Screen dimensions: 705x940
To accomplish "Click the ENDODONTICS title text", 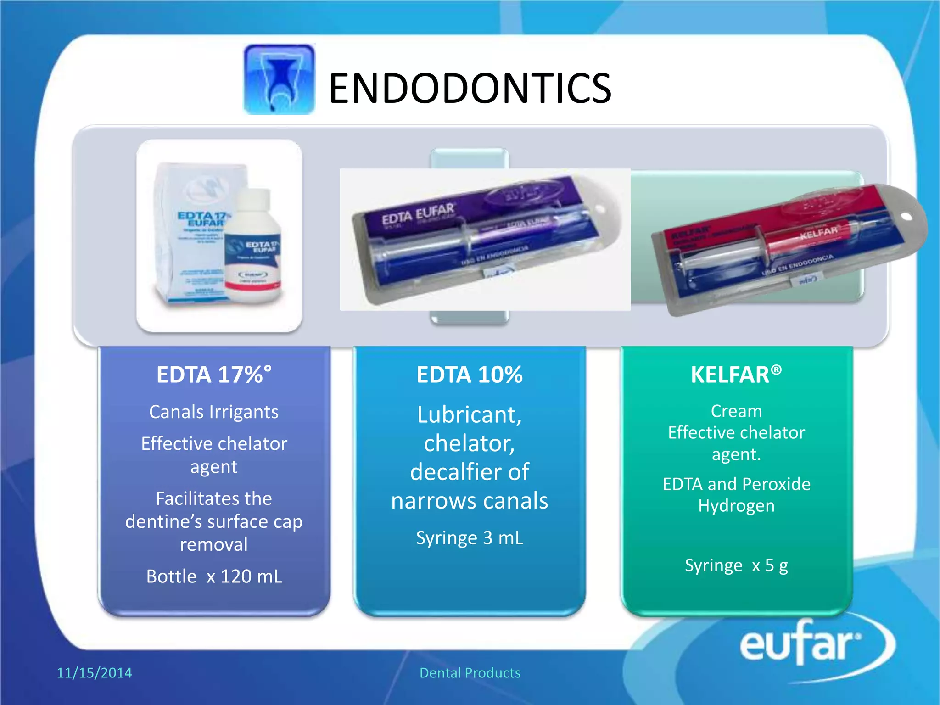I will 470,88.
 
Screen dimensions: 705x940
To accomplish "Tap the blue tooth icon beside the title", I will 279,79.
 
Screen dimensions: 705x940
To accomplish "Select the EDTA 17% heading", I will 214,375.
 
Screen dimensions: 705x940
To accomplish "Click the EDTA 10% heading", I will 470,375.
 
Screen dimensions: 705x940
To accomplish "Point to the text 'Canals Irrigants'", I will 214,412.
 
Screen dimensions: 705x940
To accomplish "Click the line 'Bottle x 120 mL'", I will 214,576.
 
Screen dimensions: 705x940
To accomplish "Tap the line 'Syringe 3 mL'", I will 470,537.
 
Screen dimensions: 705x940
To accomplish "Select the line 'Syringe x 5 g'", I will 736,565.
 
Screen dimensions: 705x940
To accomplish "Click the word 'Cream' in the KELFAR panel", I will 736,411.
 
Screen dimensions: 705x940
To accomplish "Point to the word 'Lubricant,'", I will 470,414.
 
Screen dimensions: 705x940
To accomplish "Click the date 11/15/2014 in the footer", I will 94,672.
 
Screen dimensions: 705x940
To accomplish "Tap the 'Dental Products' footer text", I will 470,672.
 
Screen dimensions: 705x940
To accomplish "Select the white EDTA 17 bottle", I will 253,248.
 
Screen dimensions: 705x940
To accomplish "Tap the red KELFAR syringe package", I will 780,243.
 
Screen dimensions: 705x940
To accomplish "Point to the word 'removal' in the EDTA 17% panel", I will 214,544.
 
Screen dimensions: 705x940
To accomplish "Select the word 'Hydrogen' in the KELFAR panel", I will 736,505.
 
